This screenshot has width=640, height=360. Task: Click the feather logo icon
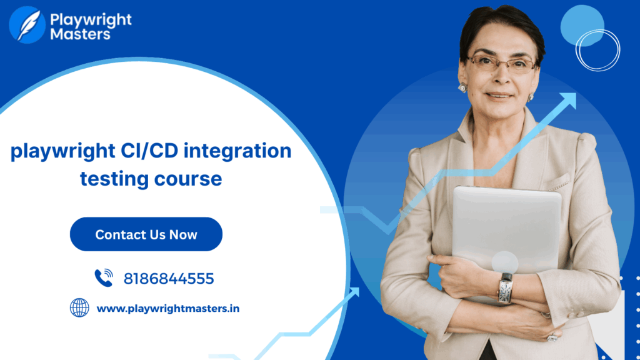click(27, 24)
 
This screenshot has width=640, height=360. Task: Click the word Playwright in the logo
click(91, 19)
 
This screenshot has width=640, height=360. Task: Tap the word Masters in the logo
click(80, 34)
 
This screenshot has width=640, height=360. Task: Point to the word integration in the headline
click(237, 151)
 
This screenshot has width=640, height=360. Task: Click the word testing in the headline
click(114, 179)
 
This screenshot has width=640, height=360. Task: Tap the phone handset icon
click(104, 278)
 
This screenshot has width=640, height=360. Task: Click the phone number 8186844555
click(169, 279)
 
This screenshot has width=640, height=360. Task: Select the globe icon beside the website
click(79, 307)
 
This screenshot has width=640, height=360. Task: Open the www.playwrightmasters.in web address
click(167, 309)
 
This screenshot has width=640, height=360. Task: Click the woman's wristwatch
click(505, 288)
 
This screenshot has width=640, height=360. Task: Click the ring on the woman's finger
click(552, 337)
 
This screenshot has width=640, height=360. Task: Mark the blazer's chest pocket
click(557, 182)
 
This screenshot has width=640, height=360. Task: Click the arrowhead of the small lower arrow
click(354, 292)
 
